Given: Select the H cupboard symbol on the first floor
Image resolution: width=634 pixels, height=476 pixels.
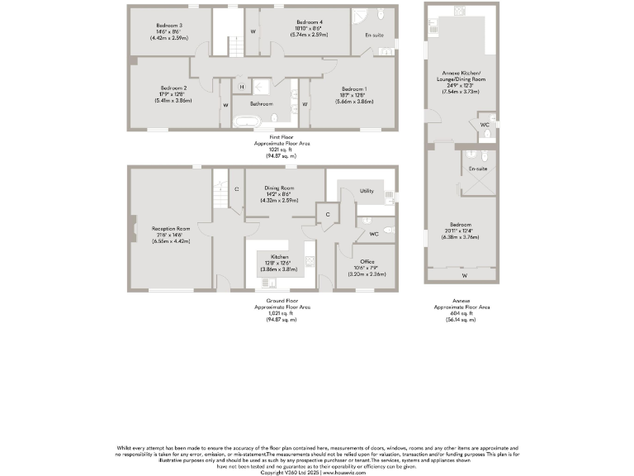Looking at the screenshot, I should (x=242, y=87).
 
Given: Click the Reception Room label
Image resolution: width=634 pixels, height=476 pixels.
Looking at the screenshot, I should (x=171, y=228).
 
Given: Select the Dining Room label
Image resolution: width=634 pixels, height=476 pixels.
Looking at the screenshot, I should (x=279, y=188).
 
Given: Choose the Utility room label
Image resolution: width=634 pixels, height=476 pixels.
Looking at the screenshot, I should (x=367, y=191).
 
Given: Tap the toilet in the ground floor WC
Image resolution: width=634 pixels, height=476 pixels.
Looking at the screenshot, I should (x=389, y=228).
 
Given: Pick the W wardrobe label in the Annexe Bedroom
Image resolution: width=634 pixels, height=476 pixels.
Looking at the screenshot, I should (x=465, y=275).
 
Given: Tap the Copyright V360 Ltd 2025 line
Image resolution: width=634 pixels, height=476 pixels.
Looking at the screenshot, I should (x=317, y=472).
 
